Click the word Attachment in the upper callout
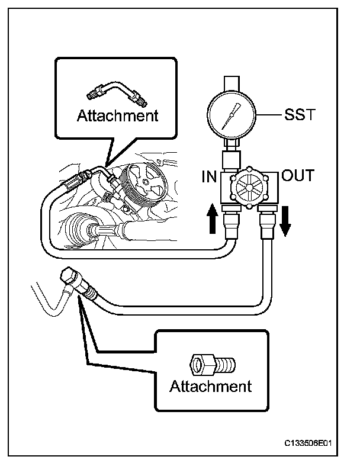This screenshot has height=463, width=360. pos(118,116)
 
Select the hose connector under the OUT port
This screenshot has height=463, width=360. pos(268,226)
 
